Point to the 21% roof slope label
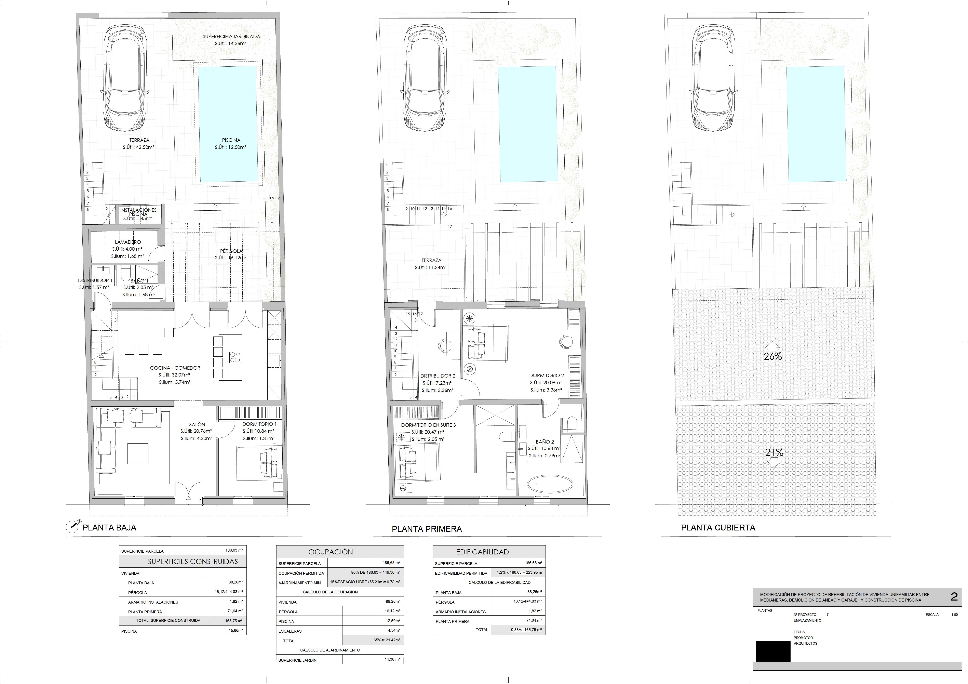tap(774, 452)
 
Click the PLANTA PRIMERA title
tap(427, 529)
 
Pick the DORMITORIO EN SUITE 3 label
tap(428, 425)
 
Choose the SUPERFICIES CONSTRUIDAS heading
tap(193, 561)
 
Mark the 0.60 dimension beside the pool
tap(272, 198)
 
